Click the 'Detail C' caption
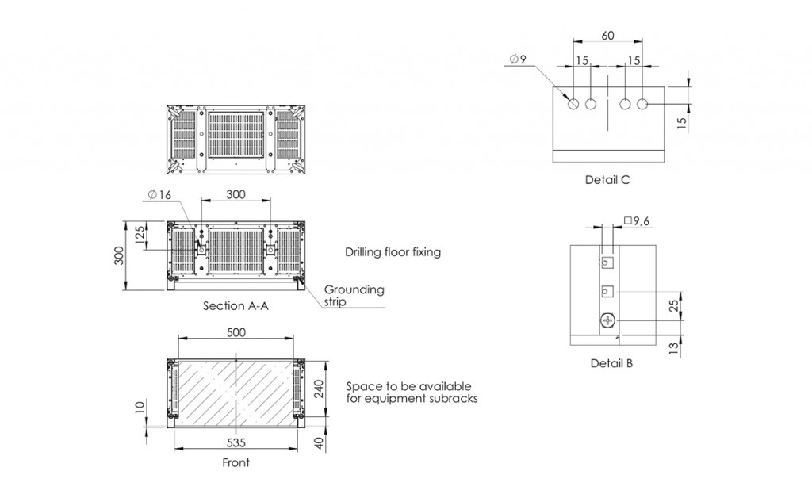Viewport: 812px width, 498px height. click(607, 180)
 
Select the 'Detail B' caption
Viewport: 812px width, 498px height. click(611, 364)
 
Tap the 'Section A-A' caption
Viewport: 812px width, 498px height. click(236, 305)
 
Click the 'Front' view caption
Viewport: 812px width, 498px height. click(236, 462)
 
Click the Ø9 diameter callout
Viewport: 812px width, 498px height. click(517, 59)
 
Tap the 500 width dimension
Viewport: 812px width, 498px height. click(236, 333)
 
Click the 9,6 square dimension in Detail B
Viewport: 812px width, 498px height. click(638, 221)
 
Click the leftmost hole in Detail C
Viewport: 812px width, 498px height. click(573, 104)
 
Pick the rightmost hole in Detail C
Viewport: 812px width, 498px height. click(642, 104)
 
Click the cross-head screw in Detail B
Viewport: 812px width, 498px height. click(609, 320)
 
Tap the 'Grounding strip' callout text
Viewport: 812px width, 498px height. click(353, 295)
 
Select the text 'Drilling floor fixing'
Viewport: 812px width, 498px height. click(393, 252)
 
